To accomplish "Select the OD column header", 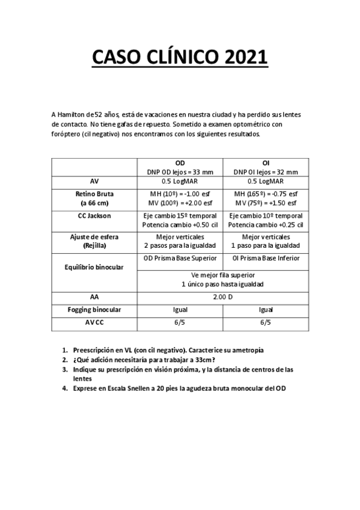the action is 180,163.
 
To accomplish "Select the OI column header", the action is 266,163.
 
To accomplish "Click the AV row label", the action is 94,180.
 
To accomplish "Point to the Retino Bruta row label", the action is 94,194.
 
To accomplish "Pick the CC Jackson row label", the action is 94,215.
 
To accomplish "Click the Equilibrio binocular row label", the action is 94,268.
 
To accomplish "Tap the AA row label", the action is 94,296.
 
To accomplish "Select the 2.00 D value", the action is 222,296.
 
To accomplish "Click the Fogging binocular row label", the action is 94,309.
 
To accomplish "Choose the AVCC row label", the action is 94,322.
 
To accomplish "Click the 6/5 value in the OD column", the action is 180,322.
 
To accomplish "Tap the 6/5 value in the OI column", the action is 266,322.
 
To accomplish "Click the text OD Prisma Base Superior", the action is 180,258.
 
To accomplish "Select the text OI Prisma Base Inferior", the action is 266,258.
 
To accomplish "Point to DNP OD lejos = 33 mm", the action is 180,171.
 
